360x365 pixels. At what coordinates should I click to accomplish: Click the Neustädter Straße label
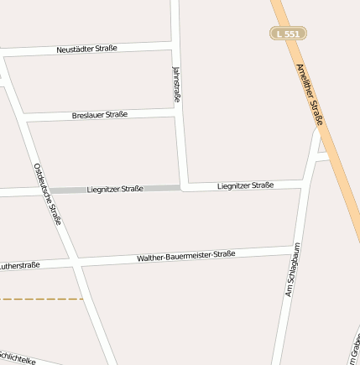pyautogui.click(x=86, y=50)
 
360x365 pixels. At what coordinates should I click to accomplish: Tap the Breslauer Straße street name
pyautogui.click(x=100, y=114)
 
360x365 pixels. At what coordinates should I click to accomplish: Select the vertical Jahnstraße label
pyautogui.click(x=176, y=84)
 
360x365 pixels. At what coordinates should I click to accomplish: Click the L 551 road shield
pyautogui.click(x=288, y=34)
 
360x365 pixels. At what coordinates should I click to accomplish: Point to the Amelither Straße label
pyautogui.click(x=310, y=96)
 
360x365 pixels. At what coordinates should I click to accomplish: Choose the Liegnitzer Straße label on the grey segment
pyautogui.click(x=115, y=190)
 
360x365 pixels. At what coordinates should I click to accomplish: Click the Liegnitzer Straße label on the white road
pyautogui.click(x=245, y=185)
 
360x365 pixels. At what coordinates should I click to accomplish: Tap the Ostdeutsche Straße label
pyautogui.click(x=48, y=194)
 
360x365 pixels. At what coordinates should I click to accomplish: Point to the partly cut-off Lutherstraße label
pyautogui.click(x=19, y=266)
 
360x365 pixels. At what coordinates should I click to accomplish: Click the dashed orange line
pyautogui.click(x=42, y=298)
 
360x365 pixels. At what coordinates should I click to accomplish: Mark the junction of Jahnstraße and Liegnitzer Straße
pyautogui.click(x=184, y=186)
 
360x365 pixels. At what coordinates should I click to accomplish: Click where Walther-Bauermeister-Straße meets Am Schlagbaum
pyautogui.click(x=293, y=250)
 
